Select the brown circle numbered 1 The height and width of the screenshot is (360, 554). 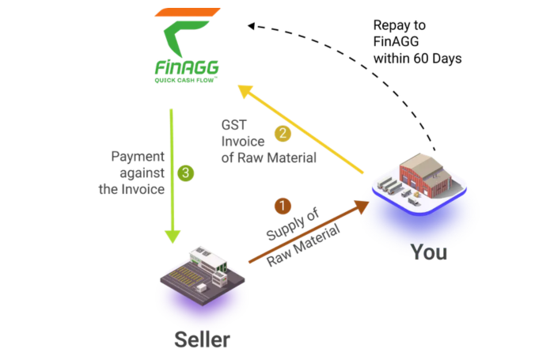click(x=283, y=206)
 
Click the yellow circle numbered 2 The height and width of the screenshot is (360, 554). click(x=280, y=134)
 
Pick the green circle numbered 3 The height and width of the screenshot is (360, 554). click(x=185, y=170)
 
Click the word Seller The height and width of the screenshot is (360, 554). click(x=202, y=340)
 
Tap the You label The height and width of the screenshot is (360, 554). click(x=428, y=252)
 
